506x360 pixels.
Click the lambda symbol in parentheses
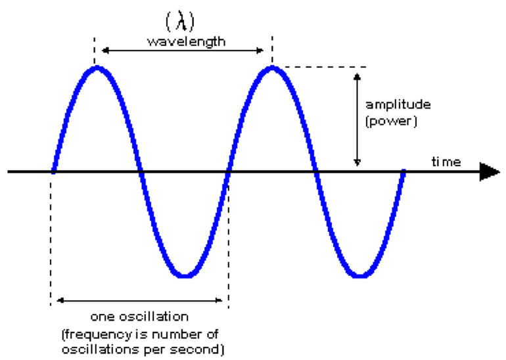tap(185, 22)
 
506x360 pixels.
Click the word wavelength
tap(186, 41)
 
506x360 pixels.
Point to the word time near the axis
tap(446, 162)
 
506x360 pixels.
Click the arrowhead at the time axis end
tap(489, 172)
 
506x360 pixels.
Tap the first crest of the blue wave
tap(97, 68)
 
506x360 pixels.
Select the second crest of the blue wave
tap(271, 68)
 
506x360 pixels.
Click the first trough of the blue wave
tap(185, 275)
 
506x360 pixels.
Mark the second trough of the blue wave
tap(359, 275)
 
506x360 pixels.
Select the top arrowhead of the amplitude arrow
tap(357, 74)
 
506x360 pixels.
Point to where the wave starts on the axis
tap(53, 172)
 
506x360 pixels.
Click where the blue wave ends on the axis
tap(403, 172)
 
